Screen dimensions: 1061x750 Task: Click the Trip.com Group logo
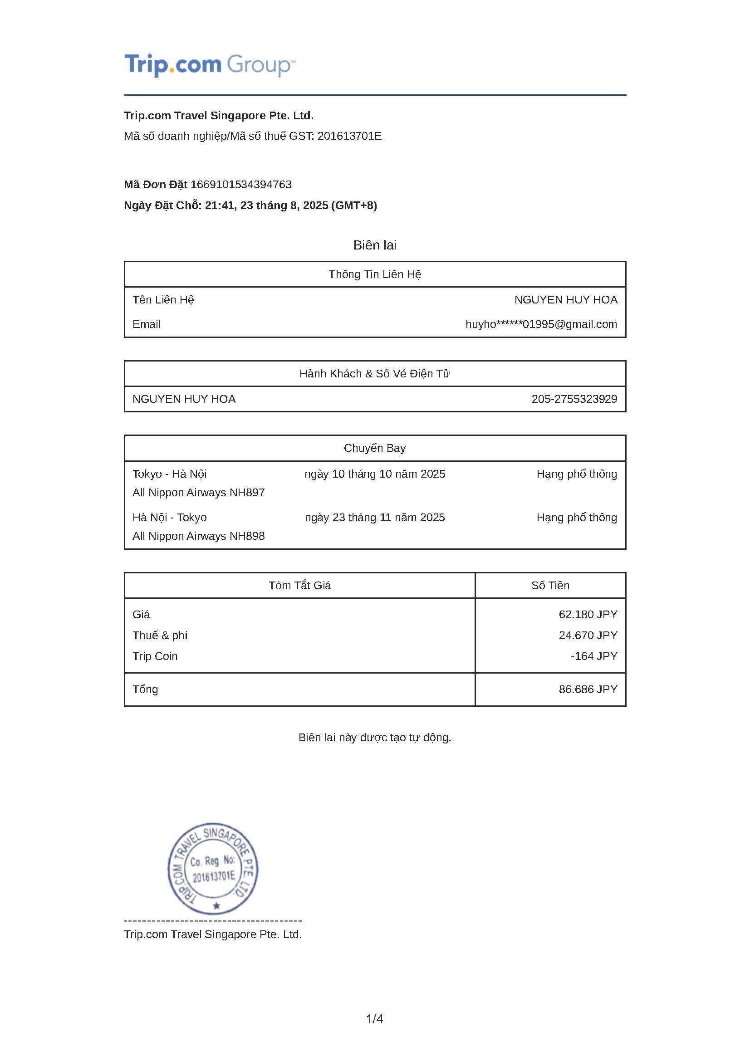(x=209, y=65)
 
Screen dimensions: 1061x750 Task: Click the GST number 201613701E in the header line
(x=349, y=137)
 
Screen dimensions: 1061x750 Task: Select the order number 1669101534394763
(x=241, y=185)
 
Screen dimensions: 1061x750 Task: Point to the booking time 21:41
(x=219, y=205)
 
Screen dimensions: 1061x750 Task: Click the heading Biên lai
(x=375, y=245)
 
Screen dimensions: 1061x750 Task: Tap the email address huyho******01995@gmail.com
(x=541, y=324)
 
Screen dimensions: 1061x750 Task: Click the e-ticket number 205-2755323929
(x=574, y=399)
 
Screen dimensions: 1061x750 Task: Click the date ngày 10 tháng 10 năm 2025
(x=375, y=474)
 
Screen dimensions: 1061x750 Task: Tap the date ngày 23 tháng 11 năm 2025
(x=375, y=518)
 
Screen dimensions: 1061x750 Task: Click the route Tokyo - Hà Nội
(x=170, y=474)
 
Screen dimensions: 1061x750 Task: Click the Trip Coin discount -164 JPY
(x=594, y=656)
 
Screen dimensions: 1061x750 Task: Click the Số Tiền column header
(x=550, y=586)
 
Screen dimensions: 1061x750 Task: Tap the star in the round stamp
(x=216, y=906)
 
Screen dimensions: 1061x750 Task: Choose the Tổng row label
(x=146, y=689)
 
